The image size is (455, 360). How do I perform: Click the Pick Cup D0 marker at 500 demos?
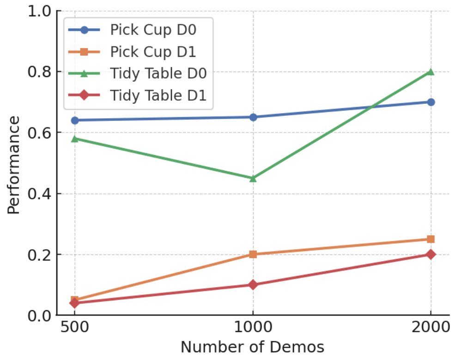pyautogui.click(x=75, y=120)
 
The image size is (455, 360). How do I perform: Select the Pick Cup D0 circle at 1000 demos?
pyautogui.click(x=253, y=117)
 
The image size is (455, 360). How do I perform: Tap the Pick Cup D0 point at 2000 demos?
pyautogui.click(x=431, y=102)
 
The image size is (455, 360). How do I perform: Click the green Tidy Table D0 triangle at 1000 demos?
pyautogui.click(x=253, y=178)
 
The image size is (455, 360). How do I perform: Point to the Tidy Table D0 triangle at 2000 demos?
pyautogui.click(x=431, y=72)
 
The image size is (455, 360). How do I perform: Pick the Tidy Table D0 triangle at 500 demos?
pyautogui.click(x=75, y=138)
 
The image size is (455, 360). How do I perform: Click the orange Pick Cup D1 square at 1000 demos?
pyautogui.click(x=253, y=254)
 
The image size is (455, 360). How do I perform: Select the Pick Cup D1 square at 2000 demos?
pyautogui.click(x=431, y=239)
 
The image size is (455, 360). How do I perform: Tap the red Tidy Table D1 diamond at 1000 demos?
pyautogui.click(x=253, y=285)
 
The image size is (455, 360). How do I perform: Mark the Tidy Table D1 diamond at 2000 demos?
pyautogui.click(x=431, y=254)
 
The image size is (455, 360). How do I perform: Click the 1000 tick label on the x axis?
pyautogui.click(x=253, y=329)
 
